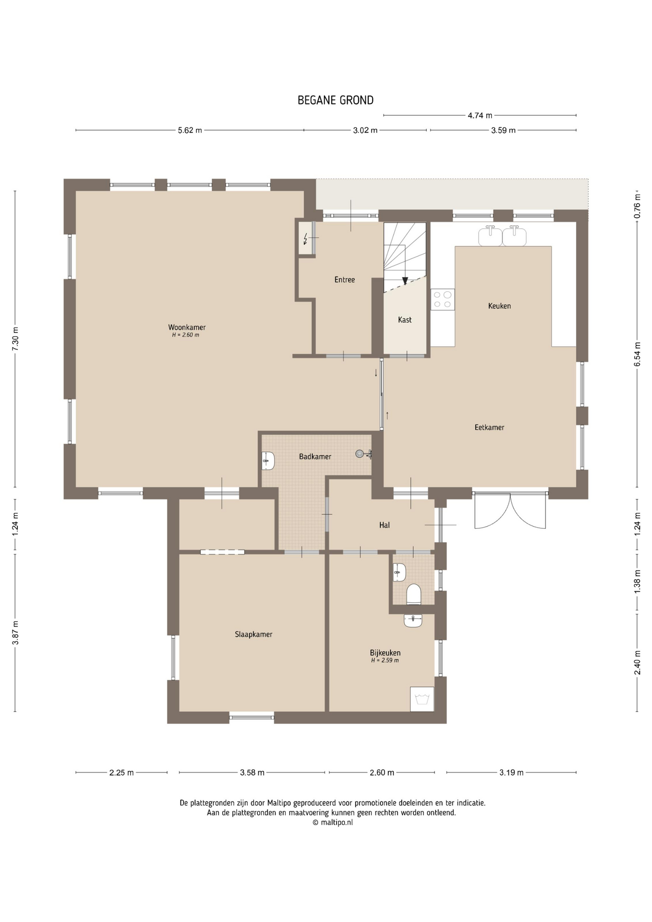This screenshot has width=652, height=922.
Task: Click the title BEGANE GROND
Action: coord(336,100)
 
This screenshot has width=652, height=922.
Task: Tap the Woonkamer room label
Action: coord(187,328)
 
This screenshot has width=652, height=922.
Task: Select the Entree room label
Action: coord(345,279)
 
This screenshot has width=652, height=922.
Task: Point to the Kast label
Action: coord(405,320)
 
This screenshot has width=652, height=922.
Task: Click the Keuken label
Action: coord(499,306)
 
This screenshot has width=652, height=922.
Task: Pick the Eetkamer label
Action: coord(489,427)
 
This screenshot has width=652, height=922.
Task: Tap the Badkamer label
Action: coord(315,457)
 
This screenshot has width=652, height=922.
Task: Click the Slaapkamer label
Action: coord(254,634)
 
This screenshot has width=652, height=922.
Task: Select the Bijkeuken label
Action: coord(385,653)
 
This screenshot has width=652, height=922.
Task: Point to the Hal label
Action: coord(384,525)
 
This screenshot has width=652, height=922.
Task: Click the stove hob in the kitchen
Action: coord(442,300)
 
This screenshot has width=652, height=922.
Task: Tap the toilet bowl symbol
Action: coord(413,594)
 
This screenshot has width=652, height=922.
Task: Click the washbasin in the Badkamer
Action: coord(268,461)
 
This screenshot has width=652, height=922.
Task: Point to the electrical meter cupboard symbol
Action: coord(306,238)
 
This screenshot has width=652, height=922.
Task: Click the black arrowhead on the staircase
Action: coord(405,281)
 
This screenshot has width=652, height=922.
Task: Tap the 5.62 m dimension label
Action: coord(190,130)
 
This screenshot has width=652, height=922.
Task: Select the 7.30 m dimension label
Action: coord(15,339)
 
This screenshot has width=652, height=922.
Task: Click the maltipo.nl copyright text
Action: coord(332,823)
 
